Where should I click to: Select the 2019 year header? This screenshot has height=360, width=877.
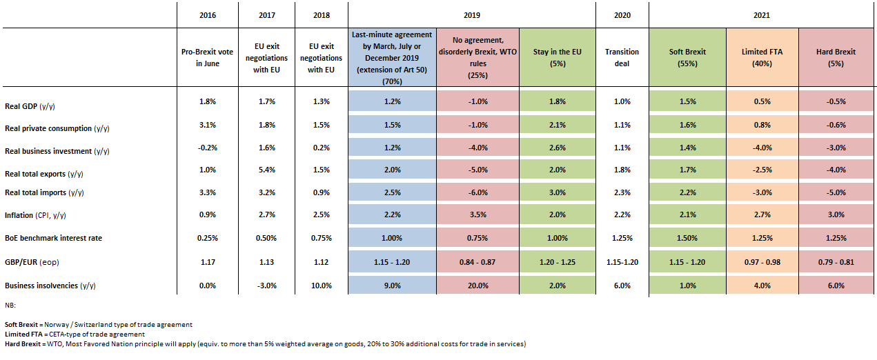472,14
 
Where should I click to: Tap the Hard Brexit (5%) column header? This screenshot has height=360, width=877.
836,57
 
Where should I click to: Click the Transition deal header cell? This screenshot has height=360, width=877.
622,57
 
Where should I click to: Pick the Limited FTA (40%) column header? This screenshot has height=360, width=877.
762,57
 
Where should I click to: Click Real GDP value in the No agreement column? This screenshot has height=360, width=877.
477,101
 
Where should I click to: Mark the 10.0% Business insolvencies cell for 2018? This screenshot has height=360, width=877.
320,286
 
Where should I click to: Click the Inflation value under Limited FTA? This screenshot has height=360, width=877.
762,216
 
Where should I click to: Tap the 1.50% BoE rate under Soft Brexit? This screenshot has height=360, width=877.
688,238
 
